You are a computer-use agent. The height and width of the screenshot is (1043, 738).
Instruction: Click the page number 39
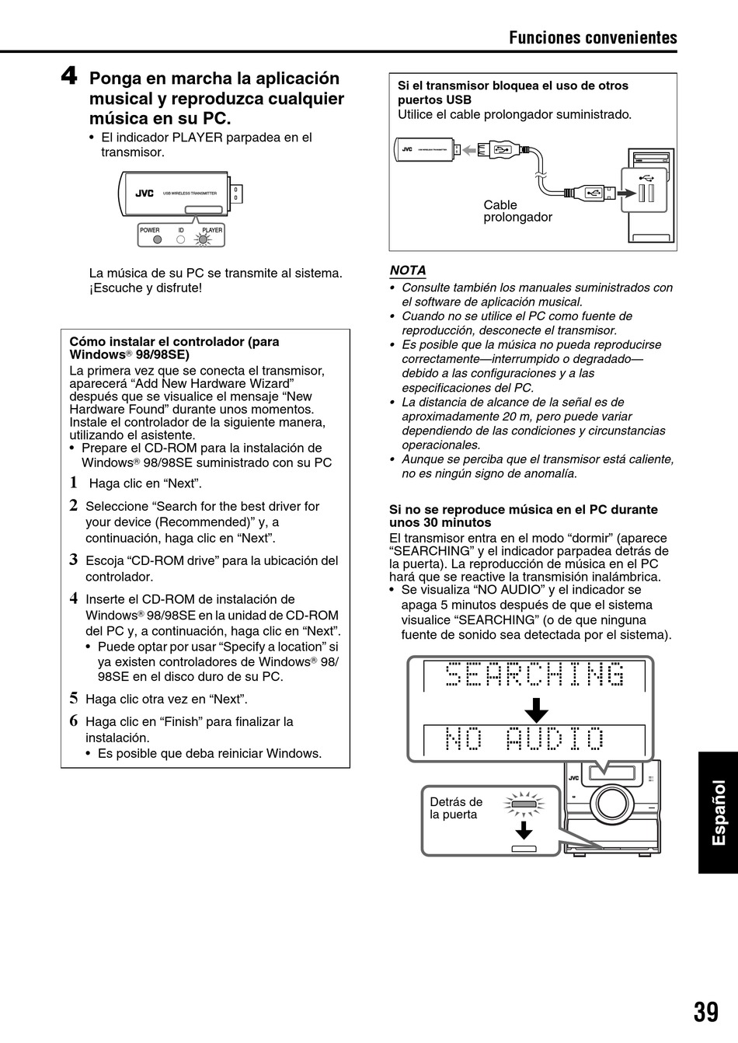[706, 1011]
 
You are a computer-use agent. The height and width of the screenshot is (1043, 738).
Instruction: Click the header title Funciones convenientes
[593, 38]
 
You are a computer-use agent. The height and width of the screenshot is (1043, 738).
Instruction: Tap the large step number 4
[69, 77]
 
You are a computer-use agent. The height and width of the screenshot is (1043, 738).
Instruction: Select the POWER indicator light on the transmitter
[157, 239]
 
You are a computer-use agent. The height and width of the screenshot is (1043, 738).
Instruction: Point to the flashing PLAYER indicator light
[204, 239]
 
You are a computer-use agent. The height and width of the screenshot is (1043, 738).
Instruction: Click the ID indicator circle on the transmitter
[181, 239]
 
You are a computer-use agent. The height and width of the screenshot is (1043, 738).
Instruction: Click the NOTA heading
[408, 270]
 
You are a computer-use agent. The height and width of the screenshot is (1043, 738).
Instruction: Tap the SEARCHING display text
[535, 676]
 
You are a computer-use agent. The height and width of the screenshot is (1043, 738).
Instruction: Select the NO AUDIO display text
[525, 739]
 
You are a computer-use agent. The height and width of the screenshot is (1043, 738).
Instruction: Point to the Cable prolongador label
[517, 211]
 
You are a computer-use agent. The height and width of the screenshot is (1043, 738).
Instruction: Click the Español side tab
[719, 811]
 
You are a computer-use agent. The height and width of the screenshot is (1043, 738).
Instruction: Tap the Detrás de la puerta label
[456, 808]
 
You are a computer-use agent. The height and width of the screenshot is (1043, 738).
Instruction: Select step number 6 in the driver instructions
[74, 720]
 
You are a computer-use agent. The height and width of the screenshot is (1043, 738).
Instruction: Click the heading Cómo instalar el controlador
[174, 347]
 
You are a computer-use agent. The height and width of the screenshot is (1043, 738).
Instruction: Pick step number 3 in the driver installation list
[74, 560]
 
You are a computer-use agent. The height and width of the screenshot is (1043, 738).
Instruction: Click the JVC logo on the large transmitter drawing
[144, 194]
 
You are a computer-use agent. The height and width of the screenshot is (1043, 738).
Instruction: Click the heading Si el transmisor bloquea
[513, 92]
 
